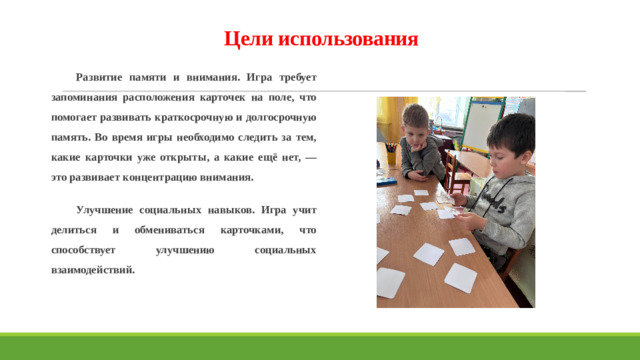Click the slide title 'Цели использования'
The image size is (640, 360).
point(320,40)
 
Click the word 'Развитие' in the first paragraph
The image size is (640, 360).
point(100,77)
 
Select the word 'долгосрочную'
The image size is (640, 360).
point(285,117)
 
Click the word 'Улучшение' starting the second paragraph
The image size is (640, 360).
point(106,210)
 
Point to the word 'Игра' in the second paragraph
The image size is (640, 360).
point(271,210)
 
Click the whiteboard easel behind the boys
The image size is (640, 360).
point(480,124)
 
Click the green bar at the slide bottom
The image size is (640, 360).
point(320,345)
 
